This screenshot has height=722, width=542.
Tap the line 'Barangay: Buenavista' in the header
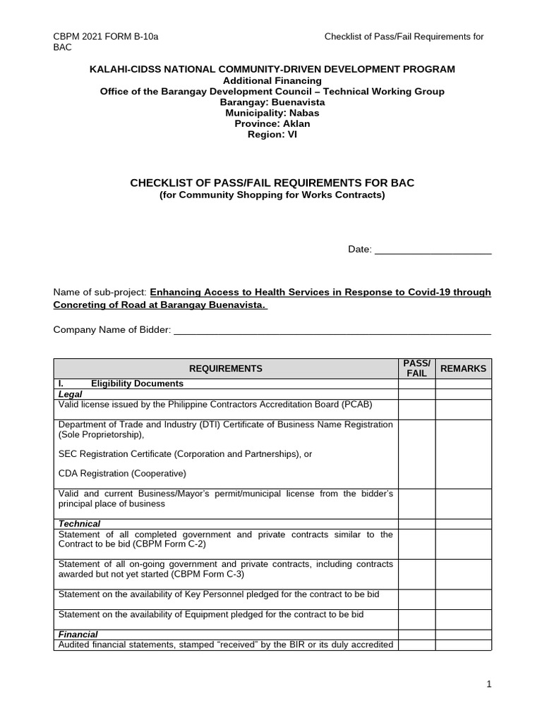click(272, 102)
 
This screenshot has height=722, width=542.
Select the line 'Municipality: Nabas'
click(272, 113)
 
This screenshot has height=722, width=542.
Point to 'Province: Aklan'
click(272, 123)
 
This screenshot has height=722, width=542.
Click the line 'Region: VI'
click(272, 134)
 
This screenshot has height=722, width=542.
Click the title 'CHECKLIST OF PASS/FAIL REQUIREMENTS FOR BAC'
click(272, 183)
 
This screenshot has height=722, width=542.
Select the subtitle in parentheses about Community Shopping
click(272, 195)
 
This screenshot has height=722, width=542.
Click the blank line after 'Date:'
click(432, 249)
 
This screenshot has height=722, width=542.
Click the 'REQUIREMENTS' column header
click(226, 368)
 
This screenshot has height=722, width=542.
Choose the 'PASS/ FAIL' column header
click(416, 368)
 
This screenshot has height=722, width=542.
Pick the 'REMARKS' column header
click(463, 368)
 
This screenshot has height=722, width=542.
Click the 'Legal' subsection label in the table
click(70, 394)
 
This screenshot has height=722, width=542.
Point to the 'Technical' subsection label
click(79, 524)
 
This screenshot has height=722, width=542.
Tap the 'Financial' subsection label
click(78, 635)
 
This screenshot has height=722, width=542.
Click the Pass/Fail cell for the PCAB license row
click(416, 409)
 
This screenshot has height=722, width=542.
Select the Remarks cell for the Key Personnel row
click(463, 599)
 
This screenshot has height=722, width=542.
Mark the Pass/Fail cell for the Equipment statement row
click(416, 619)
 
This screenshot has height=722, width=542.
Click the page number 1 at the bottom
click(488, 684)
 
